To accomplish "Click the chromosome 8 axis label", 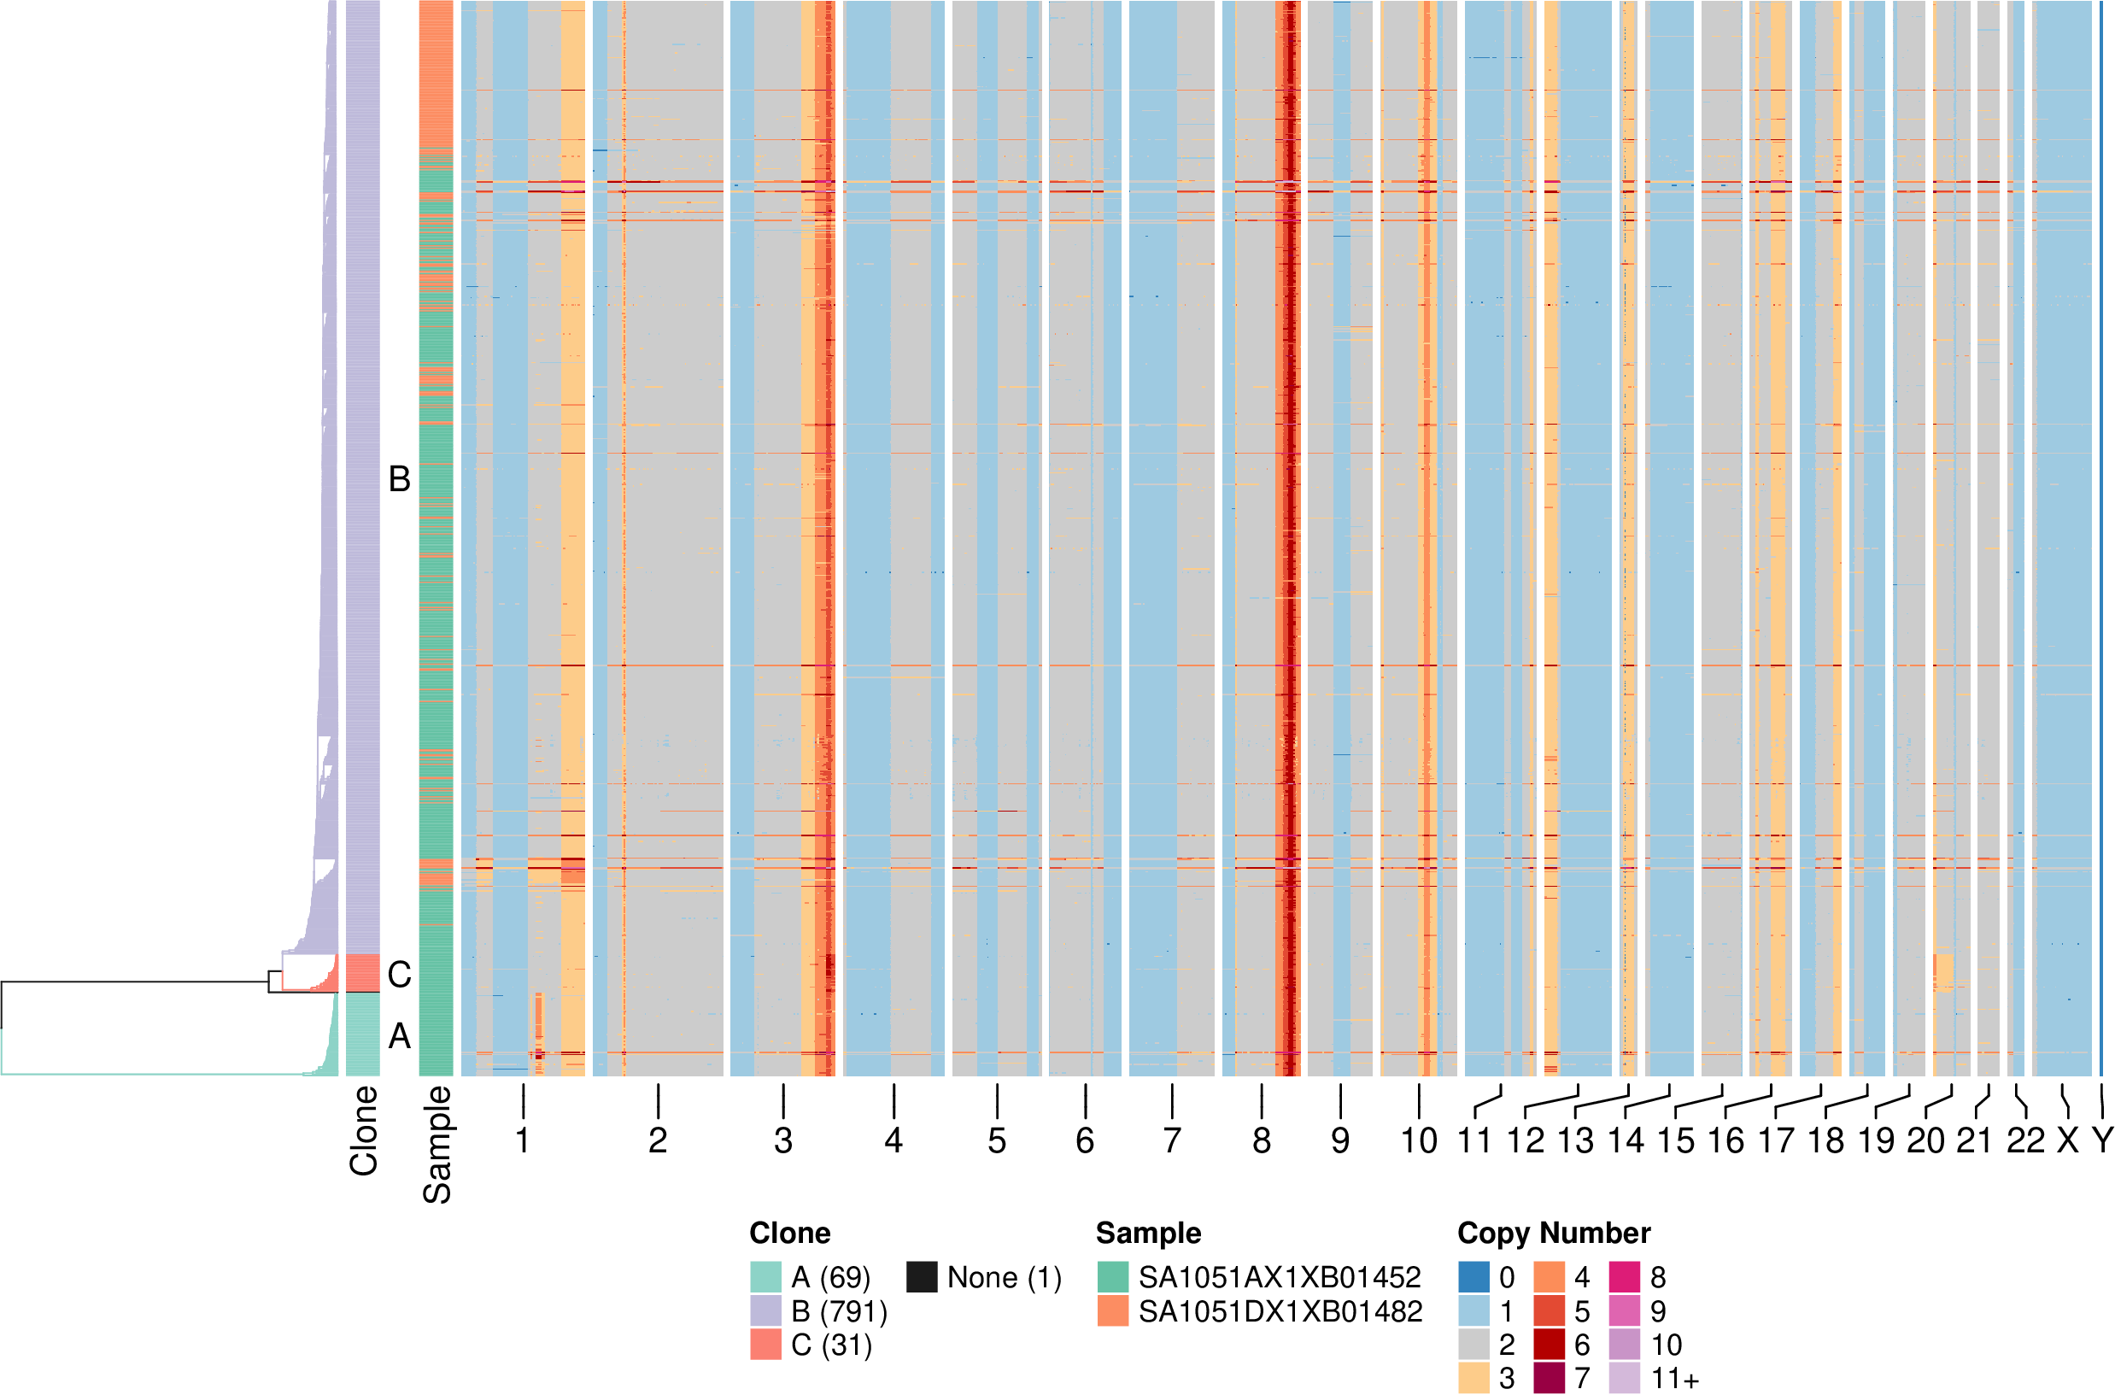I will coord(1261,1140).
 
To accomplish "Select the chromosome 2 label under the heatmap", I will coord(657,1140).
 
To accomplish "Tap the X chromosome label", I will coord(2068,1140).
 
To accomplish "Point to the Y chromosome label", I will coord(2101,1140).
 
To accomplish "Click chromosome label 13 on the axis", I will coord(1575,1140).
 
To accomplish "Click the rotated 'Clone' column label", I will coord(364,1131).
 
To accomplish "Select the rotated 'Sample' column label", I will coord(436,1144).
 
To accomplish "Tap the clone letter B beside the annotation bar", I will coord(400,479).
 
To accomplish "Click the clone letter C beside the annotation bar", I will coord(400,975).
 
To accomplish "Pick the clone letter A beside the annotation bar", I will coord(400,1035).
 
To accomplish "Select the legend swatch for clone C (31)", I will coord(765,1345).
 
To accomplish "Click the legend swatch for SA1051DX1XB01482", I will coord(1113,1311).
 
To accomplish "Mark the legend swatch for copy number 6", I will coord(1550,1345).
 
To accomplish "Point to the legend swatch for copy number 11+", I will coord(1624,1378).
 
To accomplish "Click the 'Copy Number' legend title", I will coord(1554,1233).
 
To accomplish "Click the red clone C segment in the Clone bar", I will coord(362,973).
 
